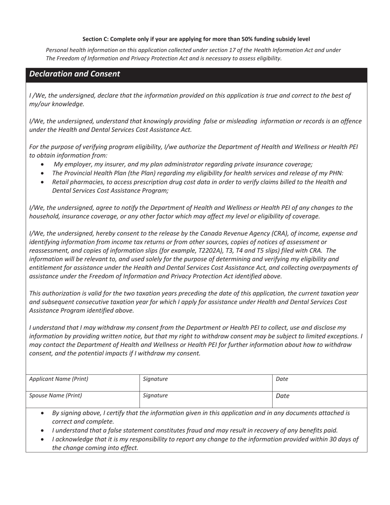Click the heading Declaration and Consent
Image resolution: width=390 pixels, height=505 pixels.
tap(74, 74)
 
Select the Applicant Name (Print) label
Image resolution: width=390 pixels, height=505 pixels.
tap(59, 379)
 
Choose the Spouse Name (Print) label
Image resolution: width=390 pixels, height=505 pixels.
tap(55, 396)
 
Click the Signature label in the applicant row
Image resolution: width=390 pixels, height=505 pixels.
tap(155, 379)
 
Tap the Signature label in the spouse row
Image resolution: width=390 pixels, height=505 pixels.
tap(155, 396)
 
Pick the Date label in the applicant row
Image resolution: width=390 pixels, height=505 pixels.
tap(282, 379)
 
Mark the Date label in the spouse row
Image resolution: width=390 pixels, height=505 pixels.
tap(282, 396)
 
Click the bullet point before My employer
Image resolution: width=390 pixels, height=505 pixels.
tap(43, 164)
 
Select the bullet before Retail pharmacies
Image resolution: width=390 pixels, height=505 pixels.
tap(43, 182)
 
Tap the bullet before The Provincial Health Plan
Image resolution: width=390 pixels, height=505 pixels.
tap(43, 173)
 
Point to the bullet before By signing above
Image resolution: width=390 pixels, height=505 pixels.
tap(43, 413)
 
